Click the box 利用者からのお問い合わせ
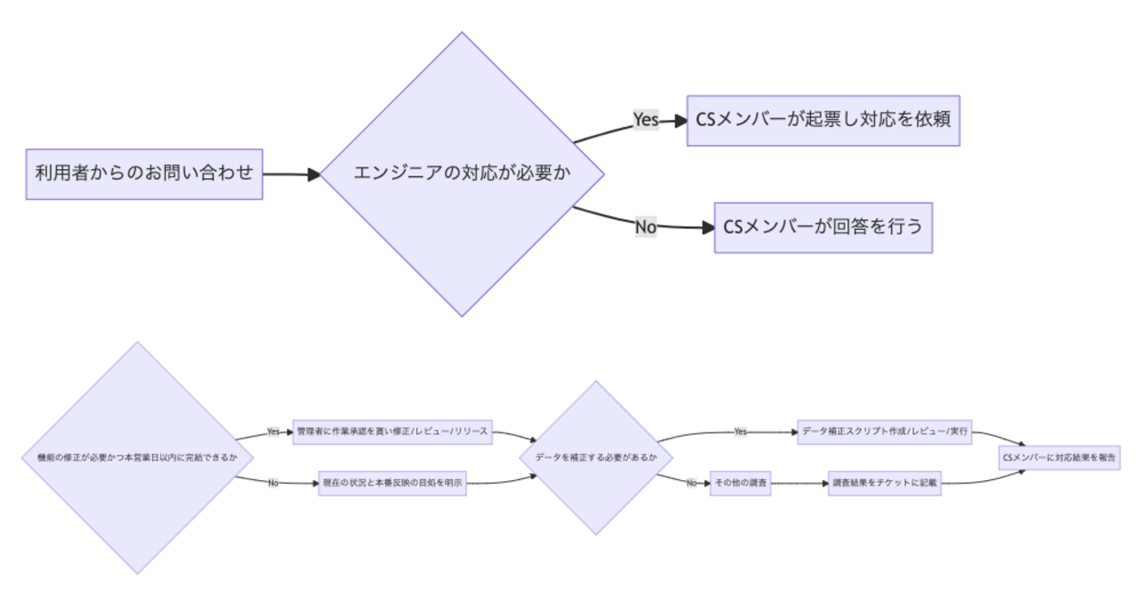144,174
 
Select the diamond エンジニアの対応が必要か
462,174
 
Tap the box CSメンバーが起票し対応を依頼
822,120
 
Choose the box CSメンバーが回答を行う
822,227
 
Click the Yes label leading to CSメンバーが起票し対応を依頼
645,120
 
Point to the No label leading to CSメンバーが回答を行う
645,227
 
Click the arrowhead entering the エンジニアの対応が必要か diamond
315,174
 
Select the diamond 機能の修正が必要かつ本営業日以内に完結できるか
138,457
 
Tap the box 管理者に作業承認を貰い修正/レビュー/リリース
391,432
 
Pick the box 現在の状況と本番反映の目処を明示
391,484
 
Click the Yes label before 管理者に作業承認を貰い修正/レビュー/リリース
273,432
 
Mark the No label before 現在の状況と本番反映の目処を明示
273,484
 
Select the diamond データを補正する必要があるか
597,457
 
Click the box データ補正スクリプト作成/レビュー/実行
884,432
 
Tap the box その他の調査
740,484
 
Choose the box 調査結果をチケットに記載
884,484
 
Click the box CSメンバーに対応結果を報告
1059,457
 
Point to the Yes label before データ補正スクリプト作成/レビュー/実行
740,432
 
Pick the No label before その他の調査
692,484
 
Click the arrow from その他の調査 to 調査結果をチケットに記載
799,484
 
